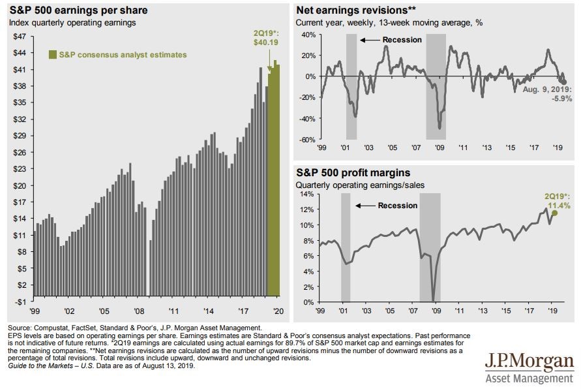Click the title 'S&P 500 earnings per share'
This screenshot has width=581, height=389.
pyautogui.click(x=78, y=10)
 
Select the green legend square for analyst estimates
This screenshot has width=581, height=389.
pyautogui.click(x=53, y=55)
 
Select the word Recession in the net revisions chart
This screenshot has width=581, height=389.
pyautogui.click(x=402, y=40)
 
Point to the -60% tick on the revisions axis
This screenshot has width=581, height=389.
pyautogui.click(x=307, y=140)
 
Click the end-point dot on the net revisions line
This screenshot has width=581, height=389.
pyautogui.click(x=564, y=82)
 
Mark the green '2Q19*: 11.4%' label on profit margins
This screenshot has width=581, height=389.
pyautogui.click(x=556, y=200)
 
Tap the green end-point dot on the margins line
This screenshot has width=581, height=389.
pyautogui.click(x=554, y=213)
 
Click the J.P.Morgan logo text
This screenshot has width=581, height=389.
pyautogui.click(x=529, y=362)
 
